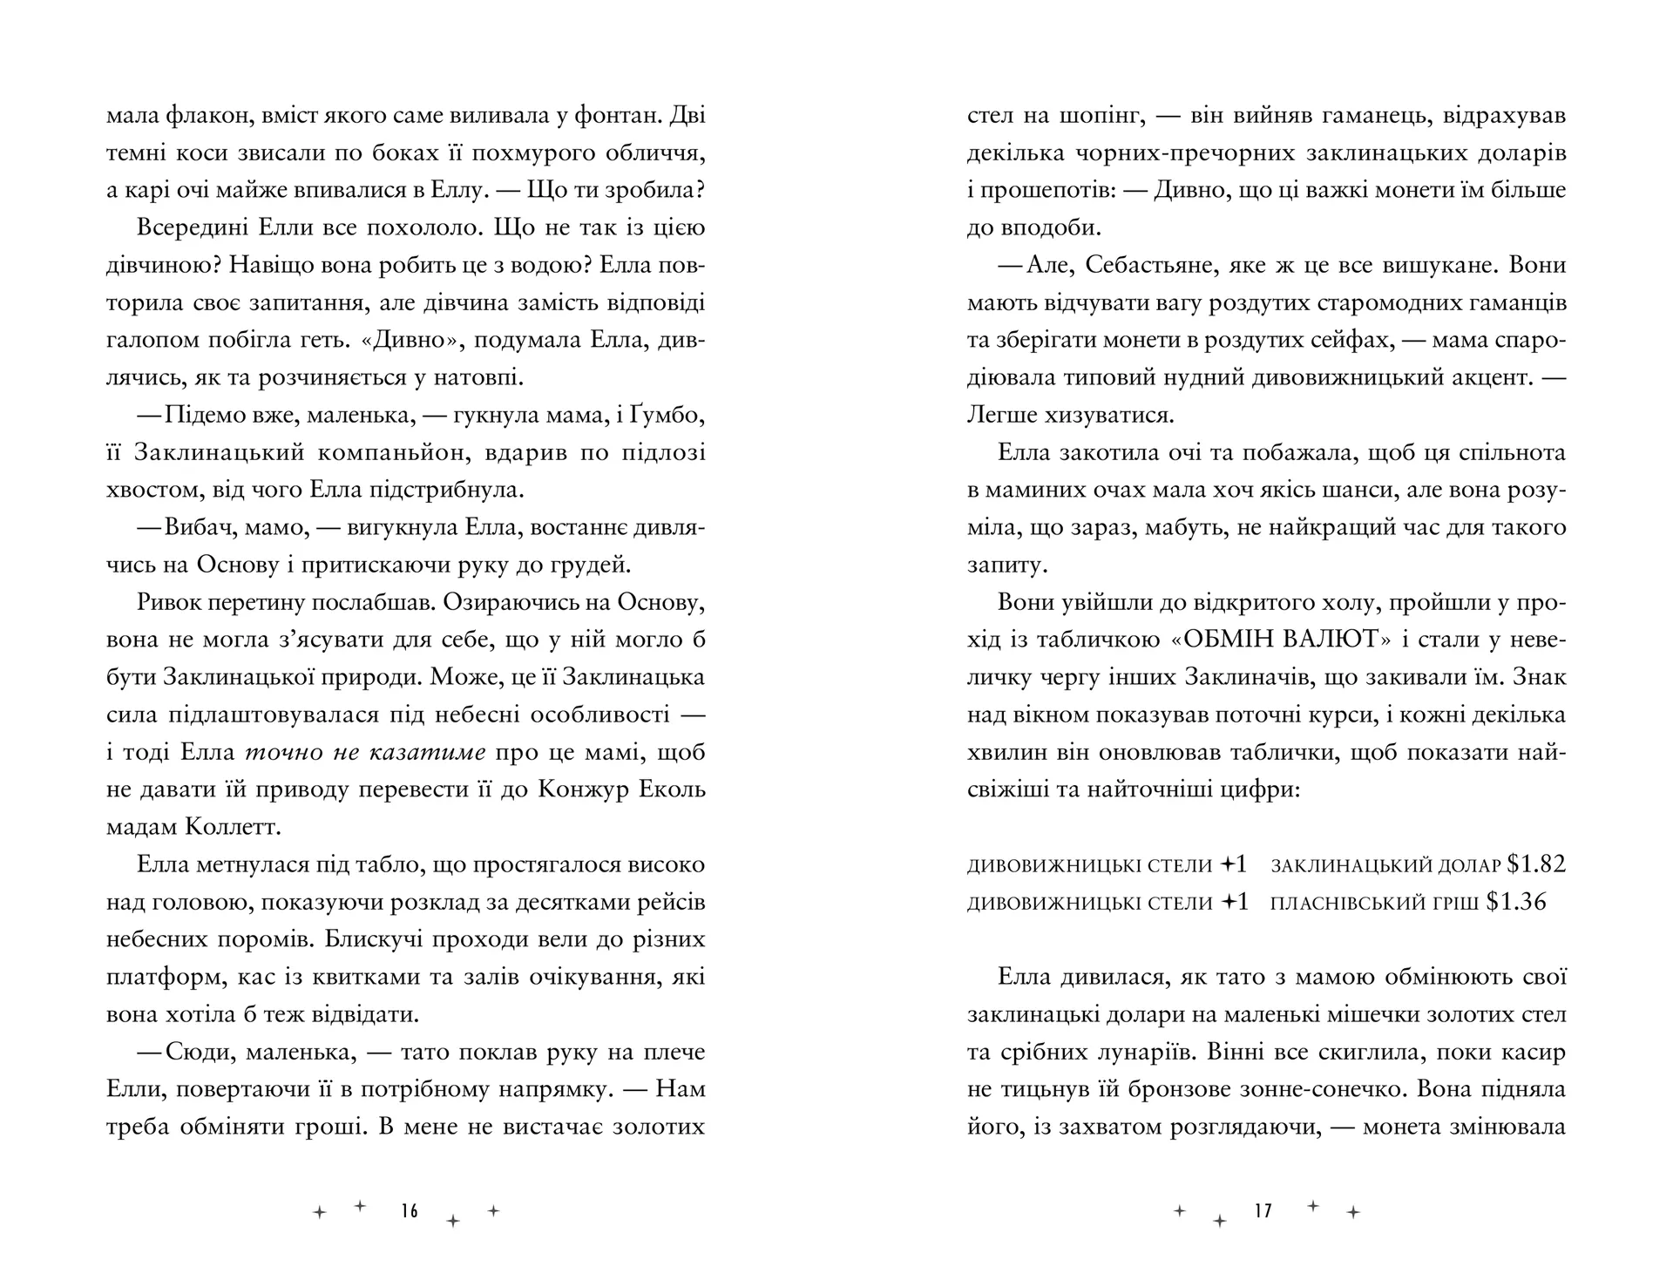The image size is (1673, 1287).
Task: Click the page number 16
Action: click(x=410, y=1210)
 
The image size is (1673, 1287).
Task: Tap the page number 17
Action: click(x=1263, y=1210)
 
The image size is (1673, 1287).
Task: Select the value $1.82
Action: click(x=1537, y=864)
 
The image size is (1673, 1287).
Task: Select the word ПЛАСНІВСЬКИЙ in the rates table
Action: click(x=1374, y=903)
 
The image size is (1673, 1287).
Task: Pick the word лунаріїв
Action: click(x=1141, y=1052)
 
